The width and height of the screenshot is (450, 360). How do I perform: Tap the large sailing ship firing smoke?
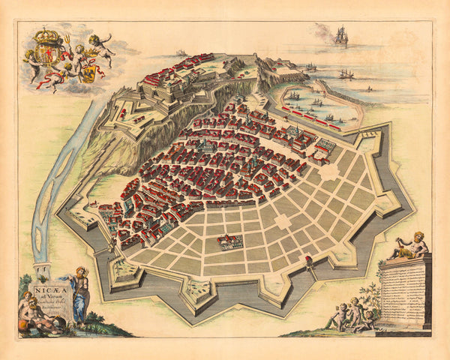click(x=341, y=35)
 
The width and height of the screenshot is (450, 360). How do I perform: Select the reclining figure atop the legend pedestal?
click(x=409, y=247)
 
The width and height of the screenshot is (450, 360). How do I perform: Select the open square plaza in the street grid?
click(x=282, y=222)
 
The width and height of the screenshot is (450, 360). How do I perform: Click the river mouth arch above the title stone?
click(x=43, y=268)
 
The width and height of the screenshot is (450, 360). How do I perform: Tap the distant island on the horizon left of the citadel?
click(x=181, y=52)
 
